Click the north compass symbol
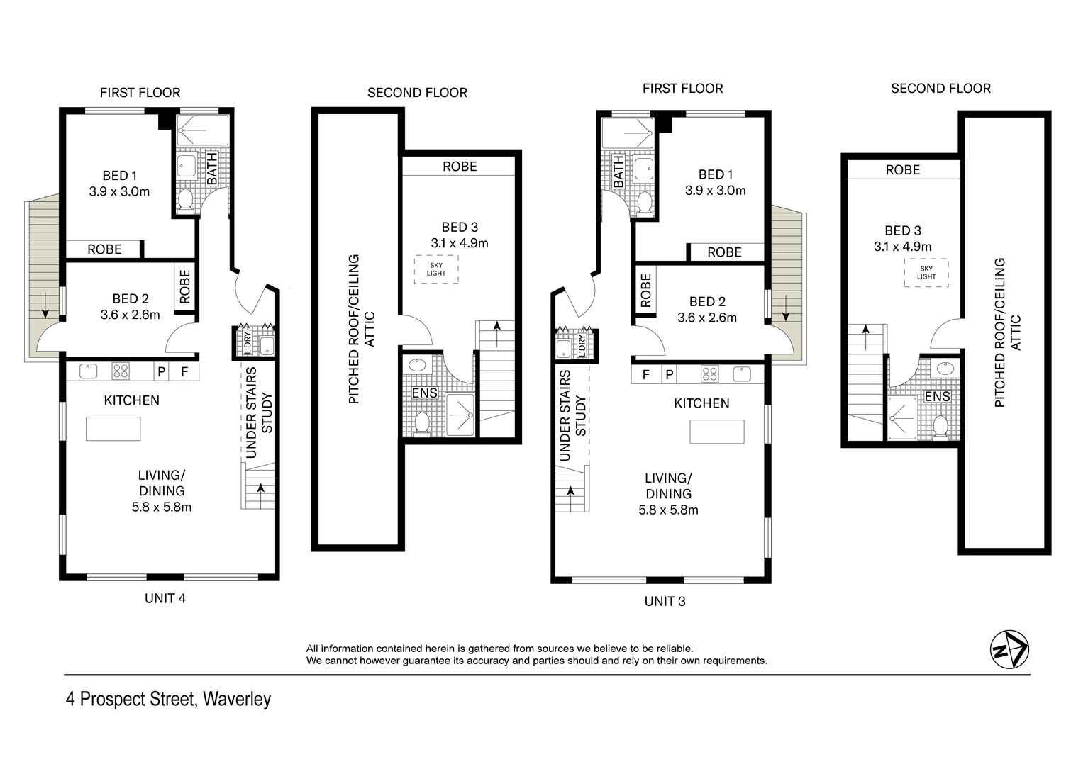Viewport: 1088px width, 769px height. (x=1009, y=649)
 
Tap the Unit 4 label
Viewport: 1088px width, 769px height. (x=165, y=598)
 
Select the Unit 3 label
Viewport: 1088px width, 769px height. (x=665, y=601)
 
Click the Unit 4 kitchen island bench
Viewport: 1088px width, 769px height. (x=113, y=429)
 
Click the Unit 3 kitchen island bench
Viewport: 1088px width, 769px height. (x=717, y=432)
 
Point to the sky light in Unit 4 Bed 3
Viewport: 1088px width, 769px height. (x=436, y=269)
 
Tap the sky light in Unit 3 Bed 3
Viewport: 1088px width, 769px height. (x=926, y=272)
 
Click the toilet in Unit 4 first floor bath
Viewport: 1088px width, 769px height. (x=186, y=200)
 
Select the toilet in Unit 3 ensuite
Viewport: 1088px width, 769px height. (x=941, y=427)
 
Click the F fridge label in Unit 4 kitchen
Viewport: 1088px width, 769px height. (x=184, y=371)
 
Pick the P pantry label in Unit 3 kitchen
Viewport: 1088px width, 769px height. (x=669, y=374)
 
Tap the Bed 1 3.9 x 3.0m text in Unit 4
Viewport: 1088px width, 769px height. (x=119, y=183)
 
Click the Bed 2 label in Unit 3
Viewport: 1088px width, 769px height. (x=707, y=310)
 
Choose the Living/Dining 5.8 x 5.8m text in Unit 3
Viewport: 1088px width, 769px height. (x=668, y=494)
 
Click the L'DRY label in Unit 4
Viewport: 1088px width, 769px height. (x=247, y=343)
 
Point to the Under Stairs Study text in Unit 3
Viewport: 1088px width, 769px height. (x=572, y=416)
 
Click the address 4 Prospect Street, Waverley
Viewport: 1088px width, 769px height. (x=168, y=699)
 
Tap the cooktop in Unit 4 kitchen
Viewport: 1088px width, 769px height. (x=120, y=371)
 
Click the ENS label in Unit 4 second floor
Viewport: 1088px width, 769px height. (x=425, y=393)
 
